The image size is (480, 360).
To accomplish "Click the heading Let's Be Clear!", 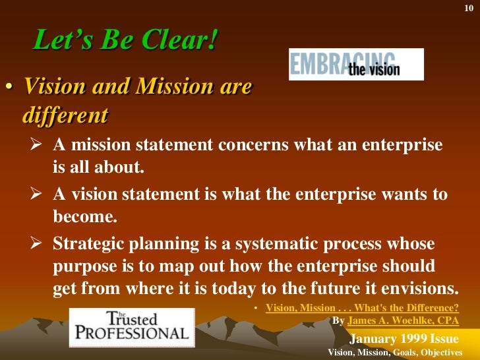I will tap(125, 42).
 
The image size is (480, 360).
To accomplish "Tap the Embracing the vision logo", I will tap(356, 64).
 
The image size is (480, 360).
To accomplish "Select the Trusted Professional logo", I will tap(132, 327).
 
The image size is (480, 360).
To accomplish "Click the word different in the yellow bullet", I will tap(65, 115).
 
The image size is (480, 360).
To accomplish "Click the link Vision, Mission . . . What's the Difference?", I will tap(362, 308).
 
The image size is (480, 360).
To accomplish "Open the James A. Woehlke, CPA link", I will tap(403, 321).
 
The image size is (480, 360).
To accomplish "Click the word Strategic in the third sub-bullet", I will tap(86, 244).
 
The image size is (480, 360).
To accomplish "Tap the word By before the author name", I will tap(338, 321).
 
